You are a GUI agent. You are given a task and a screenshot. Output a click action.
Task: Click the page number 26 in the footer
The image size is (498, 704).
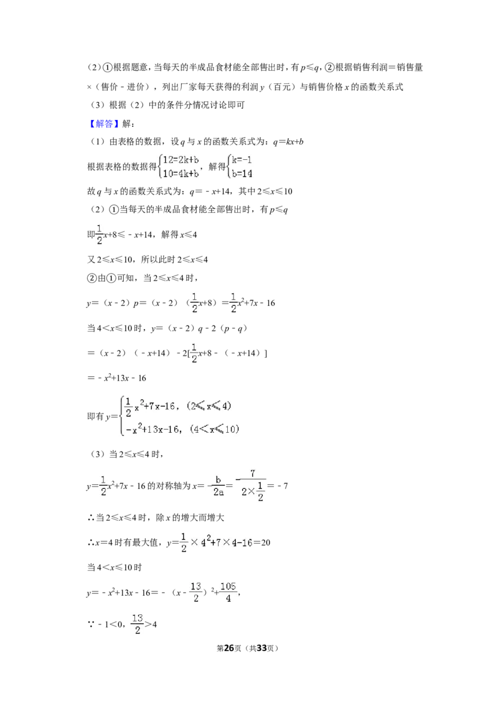(x=229, y=648)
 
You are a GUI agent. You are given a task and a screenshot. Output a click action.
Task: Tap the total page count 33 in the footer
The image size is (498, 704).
(x=261, y=648)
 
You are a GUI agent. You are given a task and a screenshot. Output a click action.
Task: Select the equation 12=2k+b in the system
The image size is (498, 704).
(x=181, y=160)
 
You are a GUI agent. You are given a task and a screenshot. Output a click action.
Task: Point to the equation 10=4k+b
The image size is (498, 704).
(x=181, y=174)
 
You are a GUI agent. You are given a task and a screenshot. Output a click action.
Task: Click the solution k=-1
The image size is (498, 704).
(x=242, y=160)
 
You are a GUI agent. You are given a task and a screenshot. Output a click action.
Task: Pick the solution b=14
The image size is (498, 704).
(x=242, y=174)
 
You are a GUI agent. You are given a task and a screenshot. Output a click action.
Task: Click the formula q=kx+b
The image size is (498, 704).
(x=288, y=142)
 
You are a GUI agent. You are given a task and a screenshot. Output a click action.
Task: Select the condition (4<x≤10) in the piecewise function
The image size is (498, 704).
(x=214, y=429)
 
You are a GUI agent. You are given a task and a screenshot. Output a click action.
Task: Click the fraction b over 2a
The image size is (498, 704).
(x=218, y=486)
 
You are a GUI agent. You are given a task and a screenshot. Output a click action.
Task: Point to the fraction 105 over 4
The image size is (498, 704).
(x=228, y=593)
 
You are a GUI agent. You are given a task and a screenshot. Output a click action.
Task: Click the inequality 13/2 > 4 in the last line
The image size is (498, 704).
(x=144, y=624)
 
